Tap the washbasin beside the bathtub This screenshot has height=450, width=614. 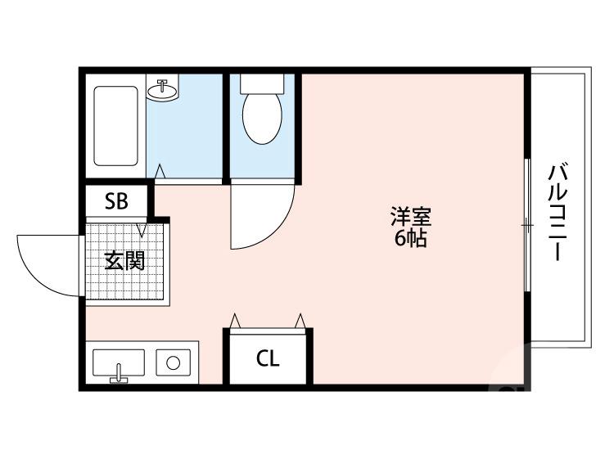click(163, 90)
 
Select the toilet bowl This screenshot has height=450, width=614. click(262, 119)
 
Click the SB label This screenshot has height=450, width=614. click(115, 201)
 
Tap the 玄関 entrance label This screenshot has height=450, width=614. click(124, 262)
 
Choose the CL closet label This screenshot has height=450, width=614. click(268, 359)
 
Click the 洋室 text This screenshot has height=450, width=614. click(410, 218)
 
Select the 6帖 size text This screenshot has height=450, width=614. click(410, 241)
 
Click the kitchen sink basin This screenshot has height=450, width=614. click(119, 362)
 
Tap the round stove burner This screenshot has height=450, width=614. click(174, 362)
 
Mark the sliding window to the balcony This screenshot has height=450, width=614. click(526, 223)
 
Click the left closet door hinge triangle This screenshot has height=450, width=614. click(236, 320)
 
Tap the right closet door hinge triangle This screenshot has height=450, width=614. click(301, 320)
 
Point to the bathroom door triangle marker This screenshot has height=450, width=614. click(160, 172)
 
